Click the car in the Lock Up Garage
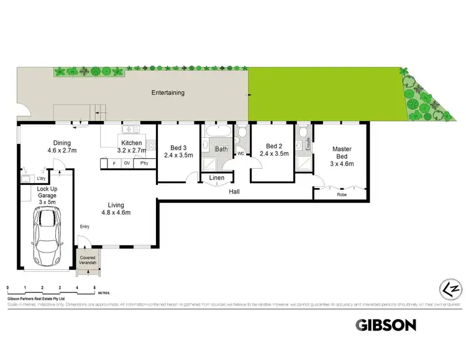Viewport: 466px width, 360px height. (47, 236)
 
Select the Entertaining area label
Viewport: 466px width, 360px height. (168, 93)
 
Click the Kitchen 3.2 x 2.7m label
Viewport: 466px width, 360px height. (132, 146)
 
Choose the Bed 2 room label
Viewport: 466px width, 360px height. (273, 150)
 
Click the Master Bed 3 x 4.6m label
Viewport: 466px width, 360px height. (342, 156)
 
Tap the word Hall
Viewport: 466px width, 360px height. (234, 192)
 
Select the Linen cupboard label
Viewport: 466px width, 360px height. (216, 178)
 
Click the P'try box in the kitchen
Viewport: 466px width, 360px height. (144, 163)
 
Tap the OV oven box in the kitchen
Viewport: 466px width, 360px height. (127, 163)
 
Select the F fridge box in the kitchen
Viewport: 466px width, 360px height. (114, 163)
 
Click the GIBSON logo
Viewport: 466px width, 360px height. (385, 325)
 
